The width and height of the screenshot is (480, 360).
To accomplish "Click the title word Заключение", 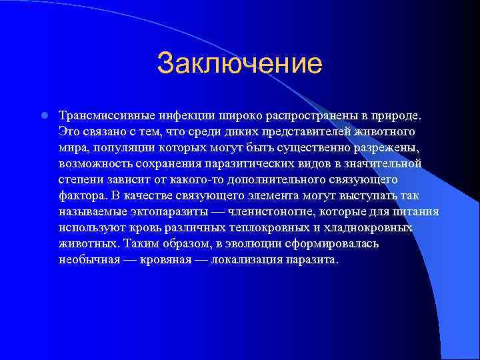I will point(239,65).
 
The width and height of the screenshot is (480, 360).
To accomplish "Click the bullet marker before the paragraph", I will point(43,115).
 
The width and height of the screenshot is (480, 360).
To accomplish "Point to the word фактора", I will point(80,196).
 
